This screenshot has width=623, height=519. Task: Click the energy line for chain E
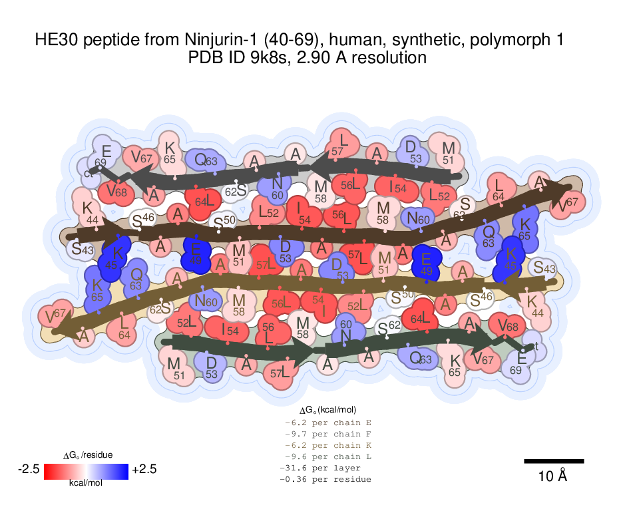(x=327, y=423)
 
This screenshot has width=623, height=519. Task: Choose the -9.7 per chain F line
(x=327, y=434)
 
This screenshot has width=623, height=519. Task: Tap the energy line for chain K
(x=327, y=445)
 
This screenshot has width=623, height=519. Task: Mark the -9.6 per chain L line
(x=327, y=456)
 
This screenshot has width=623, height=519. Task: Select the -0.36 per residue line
(x=325, y=479)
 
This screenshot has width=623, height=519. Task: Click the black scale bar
(x=554, y=461)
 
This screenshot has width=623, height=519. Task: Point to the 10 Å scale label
(x=552, y=476)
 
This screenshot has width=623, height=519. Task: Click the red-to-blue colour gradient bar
(x=86, y=470)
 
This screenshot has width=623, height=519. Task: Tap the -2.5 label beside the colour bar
(x=29, y=470)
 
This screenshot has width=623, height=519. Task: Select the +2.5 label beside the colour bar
(x=144, y=470)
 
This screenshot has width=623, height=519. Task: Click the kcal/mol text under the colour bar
(x=86, y=484)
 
